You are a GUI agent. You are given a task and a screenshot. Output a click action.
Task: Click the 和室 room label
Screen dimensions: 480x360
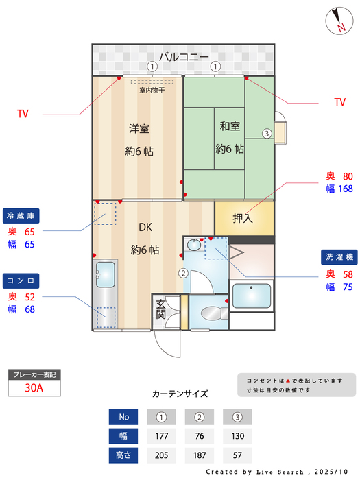tap(230, 126)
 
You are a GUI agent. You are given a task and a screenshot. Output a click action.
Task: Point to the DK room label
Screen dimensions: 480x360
tap(145, 228)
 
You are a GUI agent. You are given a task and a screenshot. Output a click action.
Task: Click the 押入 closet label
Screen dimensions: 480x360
tap(242, 219)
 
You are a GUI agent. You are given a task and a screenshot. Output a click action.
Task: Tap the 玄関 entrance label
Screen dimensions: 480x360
tap(161, 309)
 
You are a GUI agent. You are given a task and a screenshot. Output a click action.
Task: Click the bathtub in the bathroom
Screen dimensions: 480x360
tap(252, 296)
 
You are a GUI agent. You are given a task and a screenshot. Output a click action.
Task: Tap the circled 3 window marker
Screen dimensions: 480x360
tap(267, 133)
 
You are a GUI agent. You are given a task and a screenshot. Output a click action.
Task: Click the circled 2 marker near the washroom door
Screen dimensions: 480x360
tap(183, 273)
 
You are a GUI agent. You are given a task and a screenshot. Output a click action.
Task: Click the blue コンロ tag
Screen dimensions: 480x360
tap(21, 280)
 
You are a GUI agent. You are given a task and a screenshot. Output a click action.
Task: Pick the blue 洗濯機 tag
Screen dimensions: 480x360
tap(339, 257)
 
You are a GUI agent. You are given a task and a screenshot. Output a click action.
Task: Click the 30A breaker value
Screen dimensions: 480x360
tap(34, 387)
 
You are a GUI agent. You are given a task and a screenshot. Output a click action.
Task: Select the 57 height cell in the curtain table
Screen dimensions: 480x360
tap(237, 454)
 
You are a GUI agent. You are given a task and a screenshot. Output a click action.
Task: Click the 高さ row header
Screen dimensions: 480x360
tap(123, 454)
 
